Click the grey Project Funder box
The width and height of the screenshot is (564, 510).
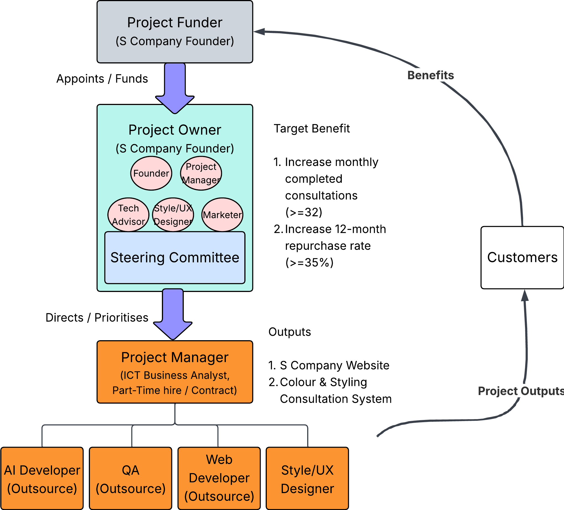[175, 32]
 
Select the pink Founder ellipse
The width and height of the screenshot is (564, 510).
[151, 173]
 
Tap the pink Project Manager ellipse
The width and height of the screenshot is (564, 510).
[201, 173]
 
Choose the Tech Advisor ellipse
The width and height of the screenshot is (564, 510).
[128, 214]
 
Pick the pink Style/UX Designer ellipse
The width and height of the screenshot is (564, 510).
[173, 214]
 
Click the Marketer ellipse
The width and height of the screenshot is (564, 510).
[222, 214]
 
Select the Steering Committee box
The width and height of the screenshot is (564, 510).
[175, 257]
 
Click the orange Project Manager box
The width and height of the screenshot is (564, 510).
[175, 372]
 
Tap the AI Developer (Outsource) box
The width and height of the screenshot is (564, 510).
[42, 478]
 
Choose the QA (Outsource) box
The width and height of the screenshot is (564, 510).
[130, 478]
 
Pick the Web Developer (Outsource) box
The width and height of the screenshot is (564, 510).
[219, 478]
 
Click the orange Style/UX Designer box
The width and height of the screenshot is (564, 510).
[307, 478]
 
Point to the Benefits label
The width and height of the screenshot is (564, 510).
[430, 75]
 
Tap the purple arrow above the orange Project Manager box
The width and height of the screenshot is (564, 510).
[173, 314]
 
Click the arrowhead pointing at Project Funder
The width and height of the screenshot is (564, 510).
[259, 32]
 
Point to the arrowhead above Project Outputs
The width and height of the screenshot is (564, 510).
[525, 296]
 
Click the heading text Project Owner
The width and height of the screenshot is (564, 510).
[175, 130]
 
